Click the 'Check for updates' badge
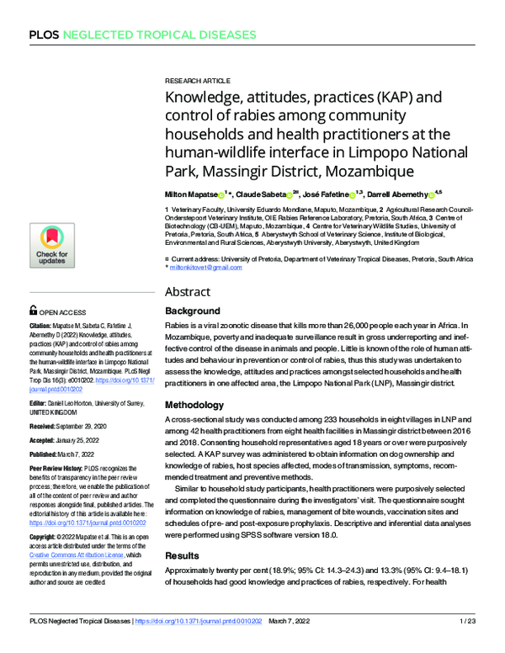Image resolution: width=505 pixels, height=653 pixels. click(51, 247)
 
